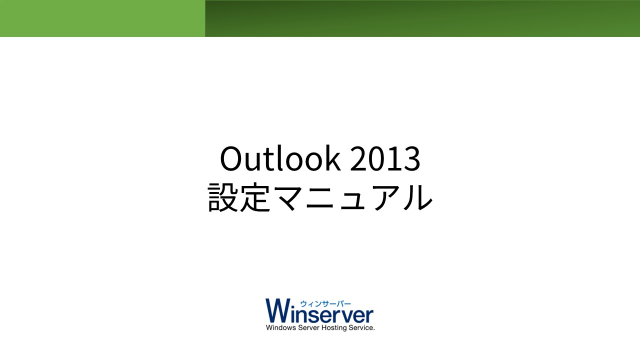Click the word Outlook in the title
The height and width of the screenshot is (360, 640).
click(x=280, y=158)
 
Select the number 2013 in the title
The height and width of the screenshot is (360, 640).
click(x=385, y=158)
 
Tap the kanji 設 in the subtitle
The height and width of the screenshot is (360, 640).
click(x=223, y=197)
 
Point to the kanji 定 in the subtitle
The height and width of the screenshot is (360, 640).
click(x=255, y=197)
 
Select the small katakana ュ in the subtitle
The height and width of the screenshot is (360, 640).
click(x=352, y=200)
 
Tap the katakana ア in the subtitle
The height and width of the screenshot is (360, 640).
click(x=385, y=197)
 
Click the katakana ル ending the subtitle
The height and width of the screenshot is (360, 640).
click(x=417, y=197)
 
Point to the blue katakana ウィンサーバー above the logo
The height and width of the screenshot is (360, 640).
click(x=325, y=303)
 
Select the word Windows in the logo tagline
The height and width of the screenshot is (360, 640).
click(x=281, y=327)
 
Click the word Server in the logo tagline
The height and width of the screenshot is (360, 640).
click(x=308, y=327)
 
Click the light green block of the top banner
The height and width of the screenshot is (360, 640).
click(x=102, y=18)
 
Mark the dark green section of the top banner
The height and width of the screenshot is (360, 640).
click(x=422, y=18)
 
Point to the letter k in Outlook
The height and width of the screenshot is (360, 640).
click(x=332, y=158)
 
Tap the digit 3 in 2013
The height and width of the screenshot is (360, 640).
click(x=412, y=158)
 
